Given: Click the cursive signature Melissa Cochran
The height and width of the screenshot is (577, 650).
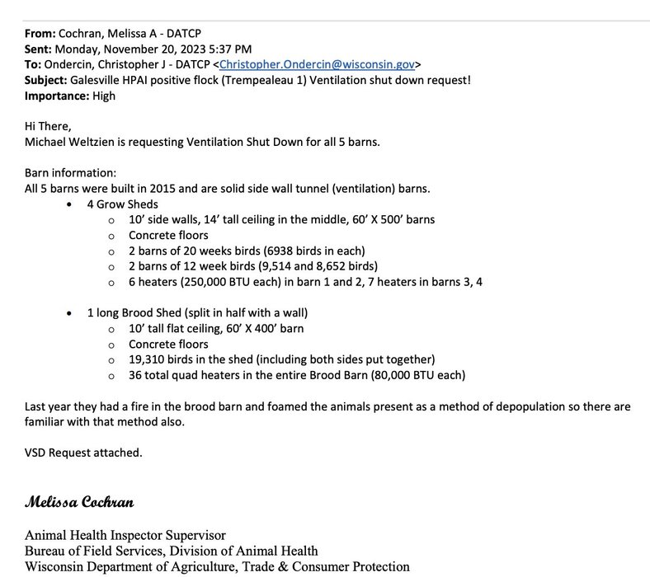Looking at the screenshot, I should point(79,502).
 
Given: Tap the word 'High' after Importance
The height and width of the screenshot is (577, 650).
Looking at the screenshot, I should point(105,96).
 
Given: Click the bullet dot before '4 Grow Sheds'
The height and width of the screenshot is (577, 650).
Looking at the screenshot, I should point(69,204).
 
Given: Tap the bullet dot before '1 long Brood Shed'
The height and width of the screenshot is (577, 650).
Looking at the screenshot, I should point(69,313).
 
